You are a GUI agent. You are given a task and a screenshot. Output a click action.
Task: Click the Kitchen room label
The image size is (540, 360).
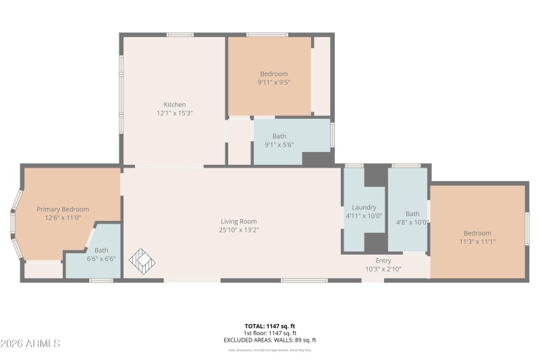pyautogui.click(x=175, y=105)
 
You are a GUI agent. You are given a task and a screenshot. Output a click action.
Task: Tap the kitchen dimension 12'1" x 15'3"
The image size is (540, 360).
pyautogui.click(x=175, y=113)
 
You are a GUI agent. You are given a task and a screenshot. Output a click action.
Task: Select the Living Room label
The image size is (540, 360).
pyautogui.click(x=239, y=222)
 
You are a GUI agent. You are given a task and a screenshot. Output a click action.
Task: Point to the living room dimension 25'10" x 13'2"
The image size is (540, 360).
pyautogui.click(x=239, y=230)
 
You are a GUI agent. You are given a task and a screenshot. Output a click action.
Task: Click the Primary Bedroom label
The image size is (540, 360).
pyautogui.click(x=63, y=209)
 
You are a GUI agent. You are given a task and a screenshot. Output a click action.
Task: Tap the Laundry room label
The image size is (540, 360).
pyautogui.click(x=364, y=207)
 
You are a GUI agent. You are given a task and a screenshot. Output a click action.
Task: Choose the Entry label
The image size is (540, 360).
pyautogui.click(x=383, y=261)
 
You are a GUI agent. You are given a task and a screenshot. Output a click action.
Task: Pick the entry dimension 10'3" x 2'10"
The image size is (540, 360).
pyautogui.click(x=383, y=269)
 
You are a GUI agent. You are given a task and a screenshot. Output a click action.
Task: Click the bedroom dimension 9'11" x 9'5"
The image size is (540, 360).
pyautogui.click(x=273, y=82)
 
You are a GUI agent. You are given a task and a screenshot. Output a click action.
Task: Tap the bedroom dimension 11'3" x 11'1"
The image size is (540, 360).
pyautogui.click(x=477, y=242)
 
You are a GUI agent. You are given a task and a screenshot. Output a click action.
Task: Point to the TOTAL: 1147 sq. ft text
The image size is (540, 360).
pyautogui.click(x=270, y=326)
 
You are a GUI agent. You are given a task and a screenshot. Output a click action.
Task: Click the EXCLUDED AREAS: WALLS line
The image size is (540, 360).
pyautogui.click(x=270, y=340)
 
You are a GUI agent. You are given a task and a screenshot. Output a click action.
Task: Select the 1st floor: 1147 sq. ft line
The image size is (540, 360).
pyautogui.click(x=270, y=333)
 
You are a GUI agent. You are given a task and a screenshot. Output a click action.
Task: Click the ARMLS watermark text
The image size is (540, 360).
pyautogui.click(x=30, y=344)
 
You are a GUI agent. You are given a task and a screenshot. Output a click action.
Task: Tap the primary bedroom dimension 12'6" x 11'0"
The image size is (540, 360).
pyautogui.click(x=63, y=218)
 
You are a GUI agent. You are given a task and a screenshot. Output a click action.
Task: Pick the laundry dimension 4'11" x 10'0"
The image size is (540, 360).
pyautogui.click(x=364, y=216)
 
